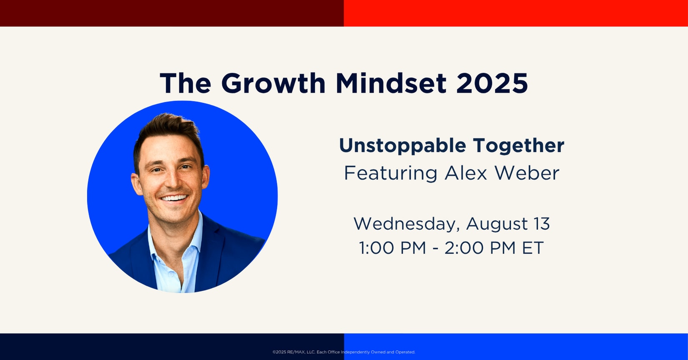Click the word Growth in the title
click(x=274, y=83)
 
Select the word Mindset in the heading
click(x=391, y=83)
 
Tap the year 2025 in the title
click(x=492, y=83)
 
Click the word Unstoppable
click(x=403, y=146)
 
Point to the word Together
click(x=519, y=145)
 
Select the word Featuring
click(x=390, y=174)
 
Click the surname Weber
click(x=527, y=173)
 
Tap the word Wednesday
click(x=407, y=224)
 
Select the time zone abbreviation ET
click(x=533, y=248)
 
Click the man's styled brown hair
click(x=168, y=132)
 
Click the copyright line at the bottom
click(x=344, y=352)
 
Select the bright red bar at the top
click(x=516, y=13)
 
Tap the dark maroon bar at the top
click(x=172, y=13)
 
